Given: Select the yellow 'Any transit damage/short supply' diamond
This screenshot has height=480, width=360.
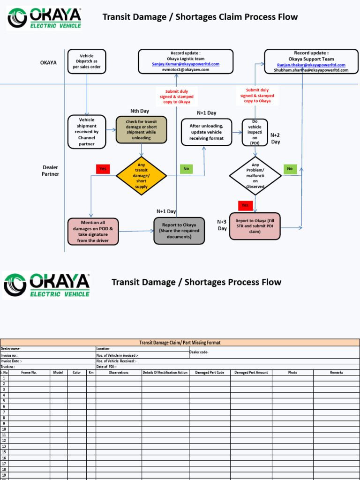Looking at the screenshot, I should (141, 176).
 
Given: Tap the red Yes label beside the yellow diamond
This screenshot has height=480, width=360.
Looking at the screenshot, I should (103, 168).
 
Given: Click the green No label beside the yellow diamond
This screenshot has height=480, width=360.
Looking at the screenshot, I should (186, 168).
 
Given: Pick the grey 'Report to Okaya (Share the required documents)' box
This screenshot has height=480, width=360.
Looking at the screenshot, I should (179, 231).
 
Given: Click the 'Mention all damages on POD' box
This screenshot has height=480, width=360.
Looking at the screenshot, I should (93, 232).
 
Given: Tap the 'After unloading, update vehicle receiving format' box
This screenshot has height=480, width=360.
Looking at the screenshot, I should (207, 132).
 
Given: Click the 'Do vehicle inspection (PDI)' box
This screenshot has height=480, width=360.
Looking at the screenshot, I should (255, 132).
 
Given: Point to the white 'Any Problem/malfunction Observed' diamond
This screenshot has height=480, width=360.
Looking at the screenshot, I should (255, 176).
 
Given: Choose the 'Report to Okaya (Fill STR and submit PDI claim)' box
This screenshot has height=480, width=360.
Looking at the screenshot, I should (255, 226).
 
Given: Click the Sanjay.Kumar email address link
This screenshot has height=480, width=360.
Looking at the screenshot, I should (186, 64).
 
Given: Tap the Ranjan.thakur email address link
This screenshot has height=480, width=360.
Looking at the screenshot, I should (311, 65).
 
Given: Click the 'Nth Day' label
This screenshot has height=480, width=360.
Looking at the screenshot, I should (140, 111).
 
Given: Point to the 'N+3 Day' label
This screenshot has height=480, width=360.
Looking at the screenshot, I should (222, 225).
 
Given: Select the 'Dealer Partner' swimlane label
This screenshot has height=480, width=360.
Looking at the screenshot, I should (51, 171).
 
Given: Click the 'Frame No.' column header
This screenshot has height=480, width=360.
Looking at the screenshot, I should (29, 373).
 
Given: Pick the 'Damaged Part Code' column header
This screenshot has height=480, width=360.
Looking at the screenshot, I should (210, 373).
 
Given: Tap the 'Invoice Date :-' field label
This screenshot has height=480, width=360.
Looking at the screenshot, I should (11, 361).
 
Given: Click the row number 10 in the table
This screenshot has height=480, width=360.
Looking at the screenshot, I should (4, 429).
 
